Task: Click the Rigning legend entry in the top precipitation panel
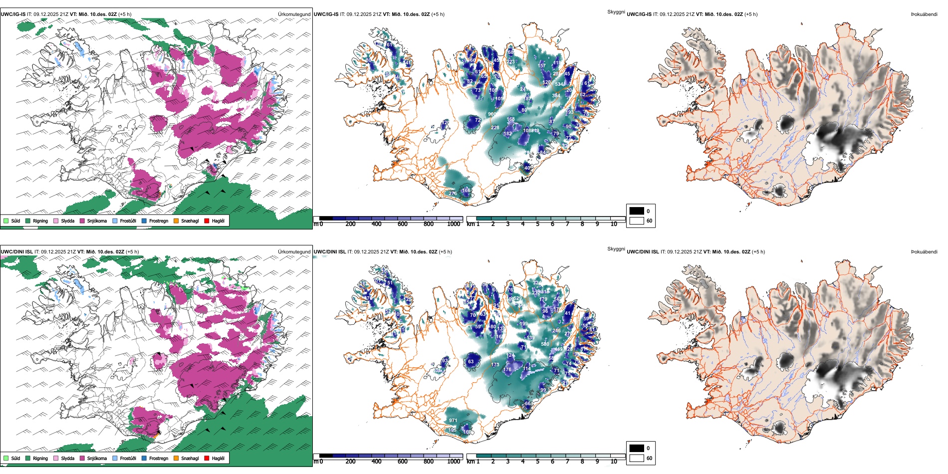coord(40,221)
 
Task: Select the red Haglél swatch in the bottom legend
coord(207,458)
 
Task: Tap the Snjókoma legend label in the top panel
coord(97,221)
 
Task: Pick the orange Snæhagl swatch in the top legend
coord(176,221)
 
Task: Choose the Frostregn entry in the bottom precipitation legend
coord(158,458)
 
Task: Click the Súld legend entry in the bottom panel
coord(15,458)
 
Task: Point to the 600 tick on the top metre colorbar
coord(403,224)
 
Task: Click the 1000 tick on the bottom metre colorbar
coord(454,462)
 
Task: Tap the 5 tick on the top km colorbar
coord(537,224)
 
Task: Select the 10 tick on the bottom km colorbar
coord(614,462)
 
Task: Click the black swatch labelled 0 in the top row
coord(637,211)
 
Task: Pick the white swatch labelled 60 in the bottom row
coord(637,458)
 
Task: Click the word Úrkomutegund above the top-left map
coord(294,14)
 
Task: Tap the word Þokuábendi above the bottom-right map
coord(924,252)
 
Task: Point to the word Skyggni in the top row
coord(616,11)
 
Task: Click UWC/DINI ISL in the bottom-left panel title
coord(16,252)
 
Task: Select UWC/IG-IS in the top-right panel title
coord(639,14)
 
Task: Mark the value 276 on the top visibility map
coord(453,194)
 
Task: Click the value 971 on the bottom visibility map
coord(453,421)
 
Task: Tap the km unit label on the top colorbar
coord(471,224)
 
